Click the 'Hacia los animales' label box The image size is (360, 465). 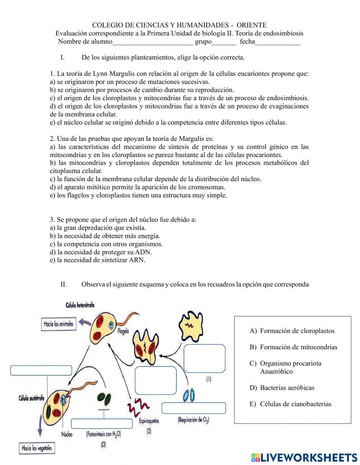pos(58,324)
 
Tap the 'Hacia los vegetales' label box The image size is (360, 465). pos(37,448)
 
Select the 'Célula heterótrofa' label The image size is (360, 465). pos(80,305)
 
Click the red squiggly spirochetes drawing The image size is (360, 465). pos(138,406)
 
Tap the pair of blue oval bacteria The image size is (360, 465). pos(189,395)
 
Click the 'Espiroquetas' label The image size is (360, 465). pos(149,421)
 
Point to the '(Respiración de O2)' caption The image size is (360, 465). pos(194,420)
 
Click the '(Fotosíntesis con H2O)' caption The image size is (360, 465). pos(103,434)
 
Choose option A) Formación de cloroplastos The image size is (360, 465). pos(292,331)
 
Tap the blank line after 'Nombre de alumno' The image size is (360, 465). pos(153,42)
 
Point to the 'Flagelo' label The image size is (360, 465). pos(123,331)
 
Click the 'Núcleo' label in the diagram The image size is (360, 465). pos(67,434)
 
